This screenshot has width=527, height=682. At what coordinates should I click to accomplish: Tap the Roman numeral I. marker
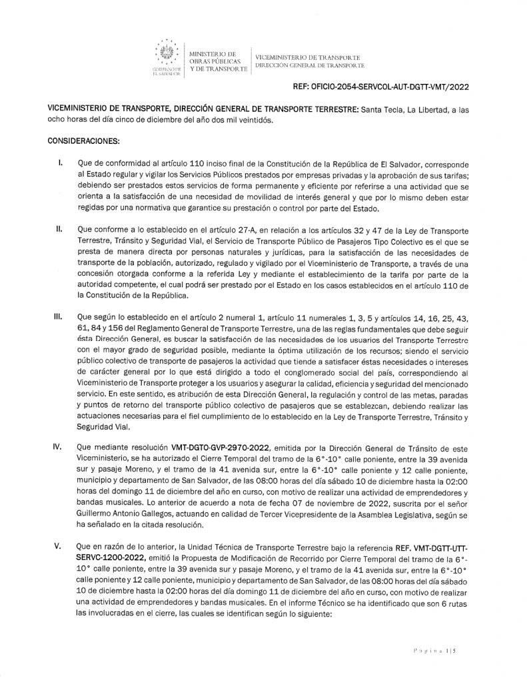pyautogui.click(x=61, y=163)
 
